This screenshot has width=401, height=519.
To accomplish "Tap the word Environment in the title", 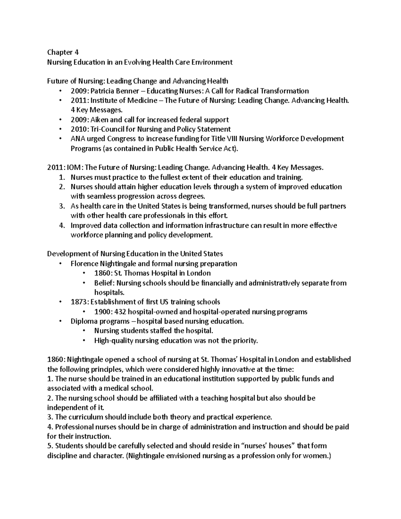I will (212, 62).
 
